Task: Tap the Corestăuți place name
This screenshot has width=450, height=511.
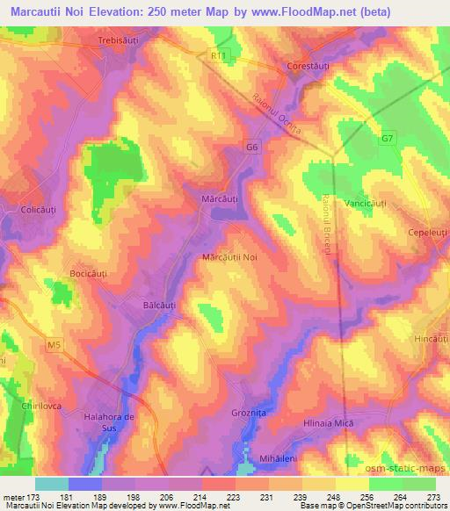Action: (x=312, y=66)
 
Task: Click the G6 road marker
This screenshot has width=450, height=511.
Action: (x=253, y=148)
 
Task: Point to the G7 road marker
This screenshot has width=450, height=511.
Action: (x=388, y=139)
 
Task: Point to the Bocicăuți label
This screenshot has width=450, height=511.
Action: (x=88, y=274)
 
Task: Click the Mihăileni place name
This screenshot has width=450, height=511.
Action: (x=263, y=458)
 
